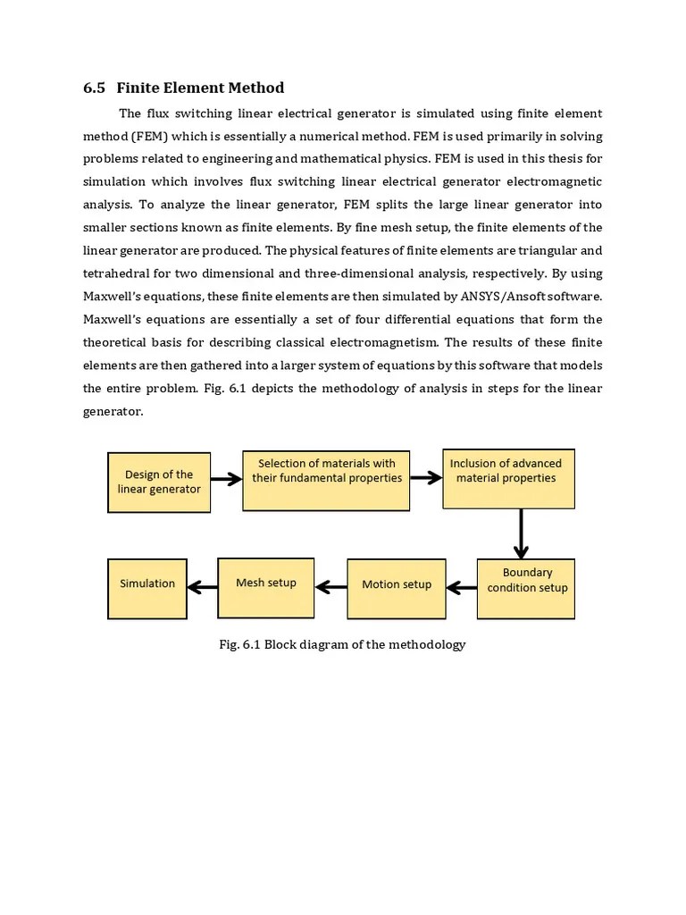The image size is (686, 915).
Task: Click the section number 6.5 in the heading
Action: click(x=94, y=88)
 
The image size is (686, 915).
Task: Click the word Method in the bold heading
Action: click(x=255, y=88)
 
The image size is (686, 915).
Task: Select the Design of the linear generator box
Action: click(x=159, y=483)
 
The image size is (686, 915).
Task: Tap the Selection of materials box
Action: click(x=326, y=480)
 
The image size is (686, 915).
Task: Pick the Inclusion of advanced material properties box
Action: click(x=508, y=478)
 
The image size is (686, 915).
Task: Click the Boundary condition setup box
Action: click(x=525, y=588)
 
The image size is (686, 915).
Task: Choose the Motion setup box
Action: click(x=396, y=588)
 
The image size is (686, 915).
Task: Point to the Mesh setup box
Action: click(x=266, y=586)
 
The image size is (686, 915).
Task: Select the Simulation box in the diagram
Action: click(x=147, y=587)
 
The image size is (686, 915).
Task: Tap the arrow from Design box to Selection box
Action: click(x=227, y=479)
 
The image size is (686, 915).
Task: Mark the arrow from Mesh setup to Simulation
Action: click(x=203, y=587)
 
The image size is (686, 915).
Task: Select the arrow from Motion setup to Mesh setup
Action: click(x=330, y=587)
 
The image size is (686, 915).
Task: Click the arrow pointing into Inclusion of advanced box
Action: click(x=426, y=477)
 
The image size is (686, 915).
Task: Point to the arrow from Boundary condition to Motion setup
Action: click(x=461, y=588)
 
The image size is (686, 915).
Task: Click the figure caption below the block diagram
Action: click(x=342, y=644)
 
